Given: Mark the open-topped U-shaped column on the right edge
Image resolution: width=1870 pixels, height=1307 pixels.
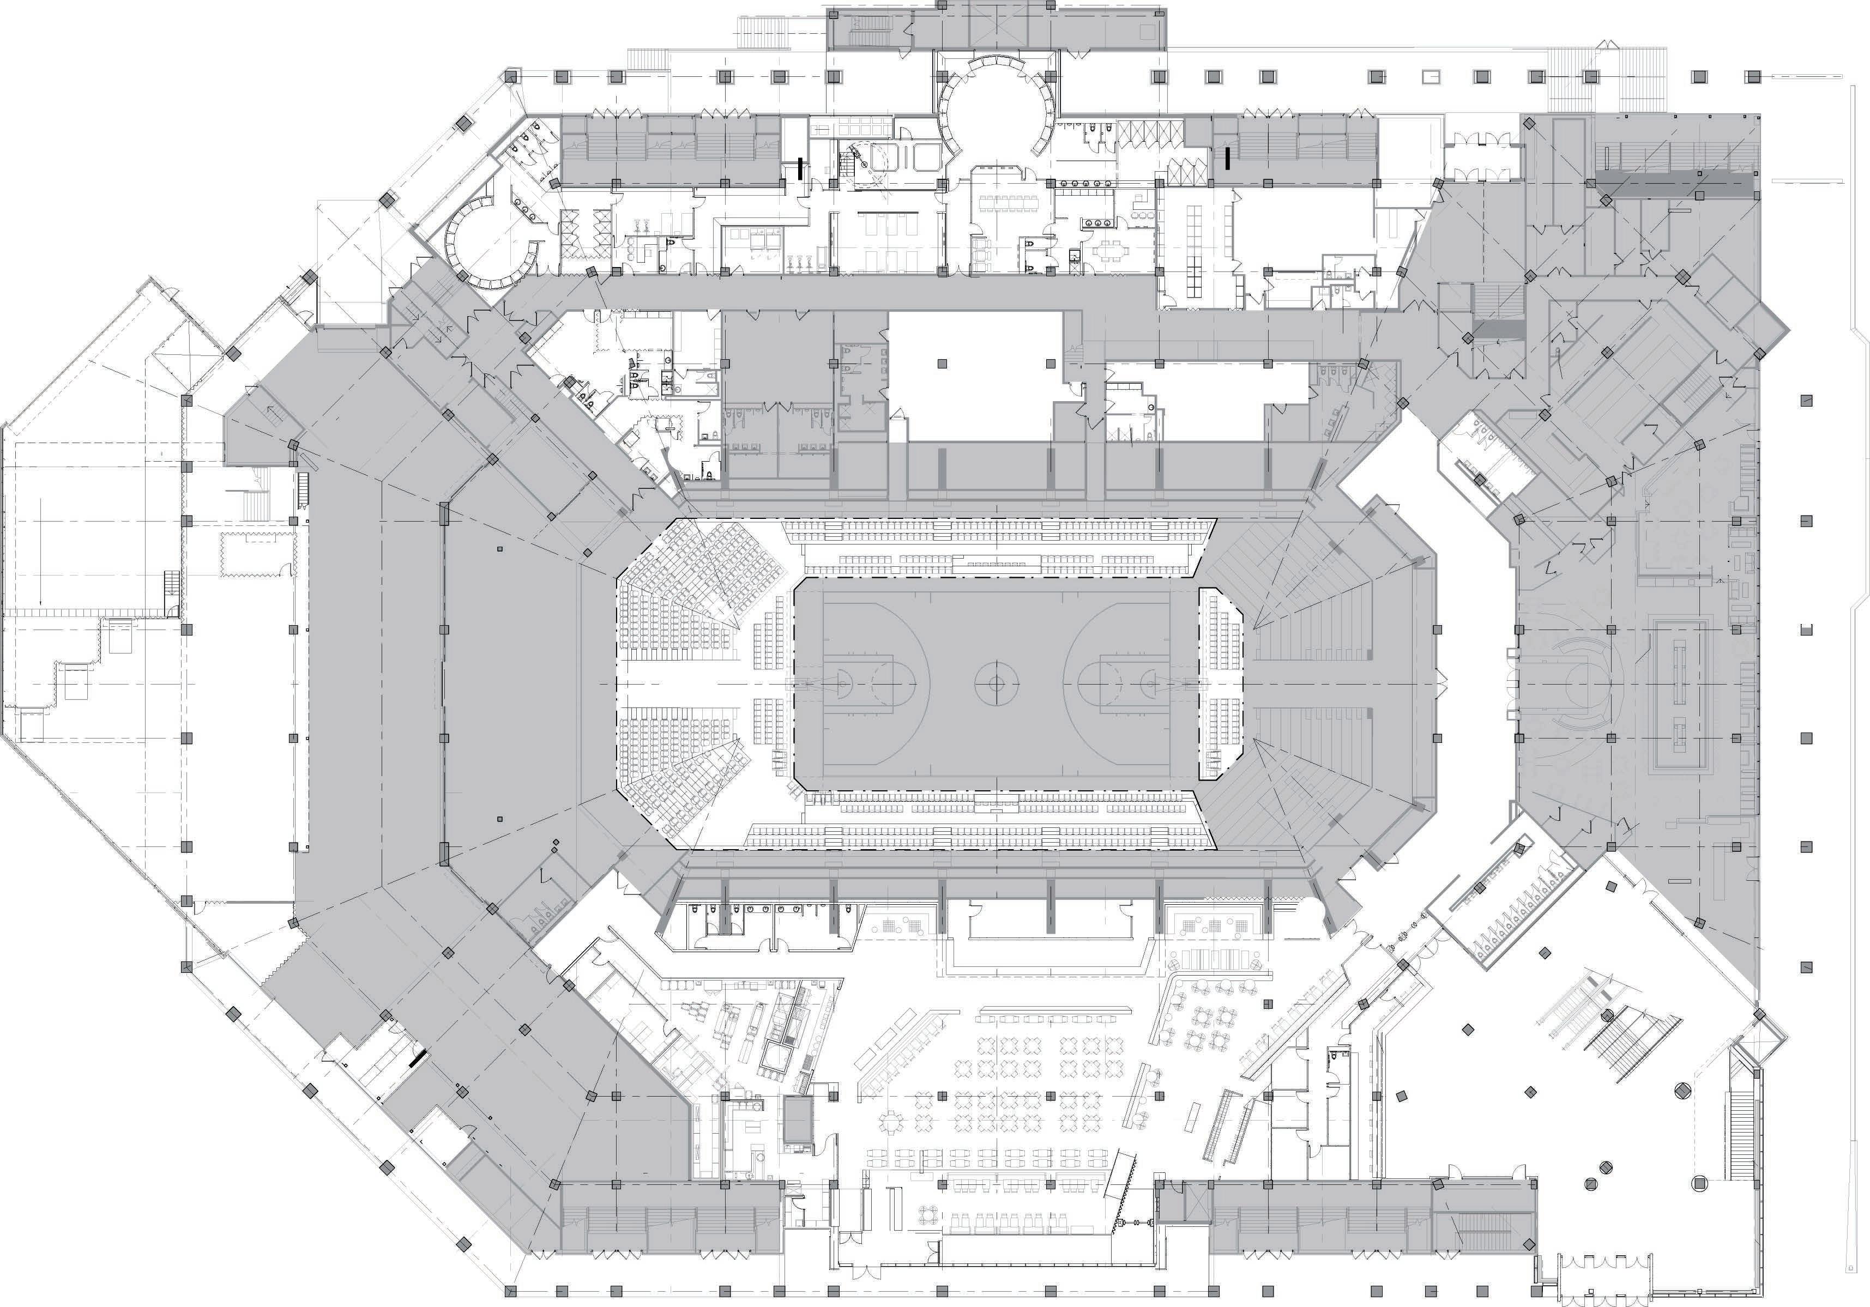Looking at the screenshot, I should pos(1806,628).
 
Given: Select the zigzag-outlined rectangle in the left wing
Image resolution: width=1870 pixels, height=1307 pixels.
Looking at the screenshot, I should pos(257,554).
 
